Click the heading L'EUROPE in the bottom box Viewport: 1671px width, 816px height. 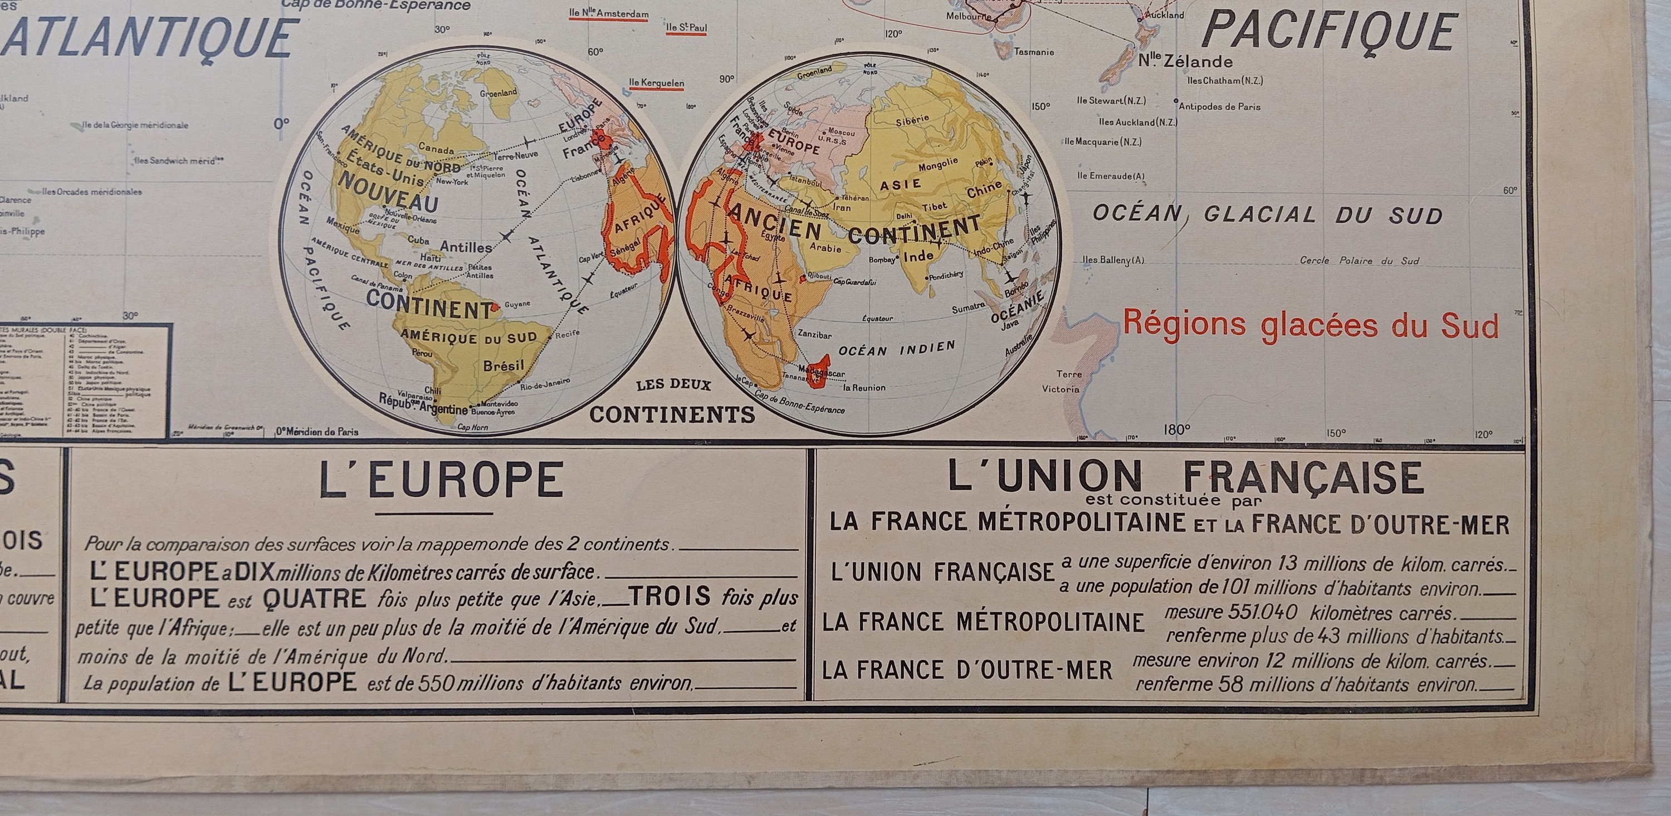coord(441,481)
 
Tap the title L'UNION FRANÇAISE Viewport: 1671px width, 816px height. coord(1186,477)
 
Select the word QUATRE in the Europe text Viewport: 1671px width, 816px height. coord(315,598)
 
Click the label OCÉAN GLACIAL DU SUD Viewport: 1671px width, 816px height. coord(1268,214)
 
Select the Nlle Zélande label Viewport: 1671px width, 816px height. coord(1185,62)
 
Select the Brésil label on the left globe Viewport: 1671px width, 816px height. coord(504,366)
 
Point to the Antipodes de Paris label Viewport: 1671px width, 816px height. coord(1219,106)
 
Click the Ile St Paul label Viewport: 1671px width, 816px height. coord(686,28)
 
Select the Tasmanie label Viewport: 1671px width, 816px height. coord(1034,52)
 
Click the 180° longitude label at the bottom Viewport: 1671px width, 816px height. coord(1177,429)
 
